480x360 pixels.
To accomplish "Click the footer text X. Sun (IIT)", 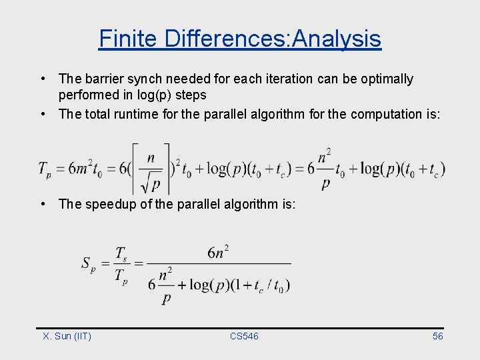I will pos(67,336).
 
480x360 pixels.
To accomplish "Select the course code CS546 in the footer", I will pos(244,336).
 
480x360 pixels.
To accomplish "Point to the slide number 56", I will pos(437,336).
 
